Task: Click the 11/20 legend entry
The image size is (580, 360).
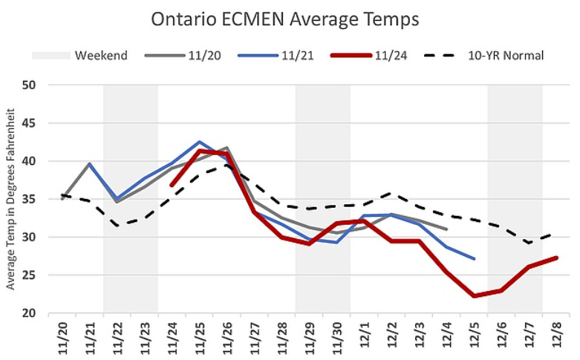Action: pyautogui.click(x=200, y=55)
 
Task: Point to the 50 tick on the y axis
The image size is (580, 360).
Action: pyautogui.click(x=29, y=85)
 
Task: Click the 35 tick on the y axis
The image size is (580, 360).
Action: pyautogui.click(x=29, y=199)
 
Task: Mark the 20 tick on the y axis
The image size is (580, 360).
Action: pyautogui.click(x=29, y=313)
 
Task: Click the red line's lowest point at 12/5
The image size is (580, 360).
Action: pyautogui.click(x=474, y=295)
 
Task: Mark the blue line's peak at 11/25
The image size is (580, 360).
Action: pyautogui.click(x=199, y=142)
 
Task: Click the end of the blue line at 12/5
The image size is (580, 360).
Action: pyautogui.click(x=474, y=258)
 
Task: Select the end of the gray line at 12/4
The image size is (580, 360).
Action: pyautogui.click(x=446, y=229)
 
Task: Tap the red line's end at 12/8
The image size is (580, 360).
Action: pyautogui.click(x=556, y=258)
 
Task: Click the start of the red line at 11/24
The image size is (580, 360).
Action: pyautogui.click(x=172, y=185)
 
